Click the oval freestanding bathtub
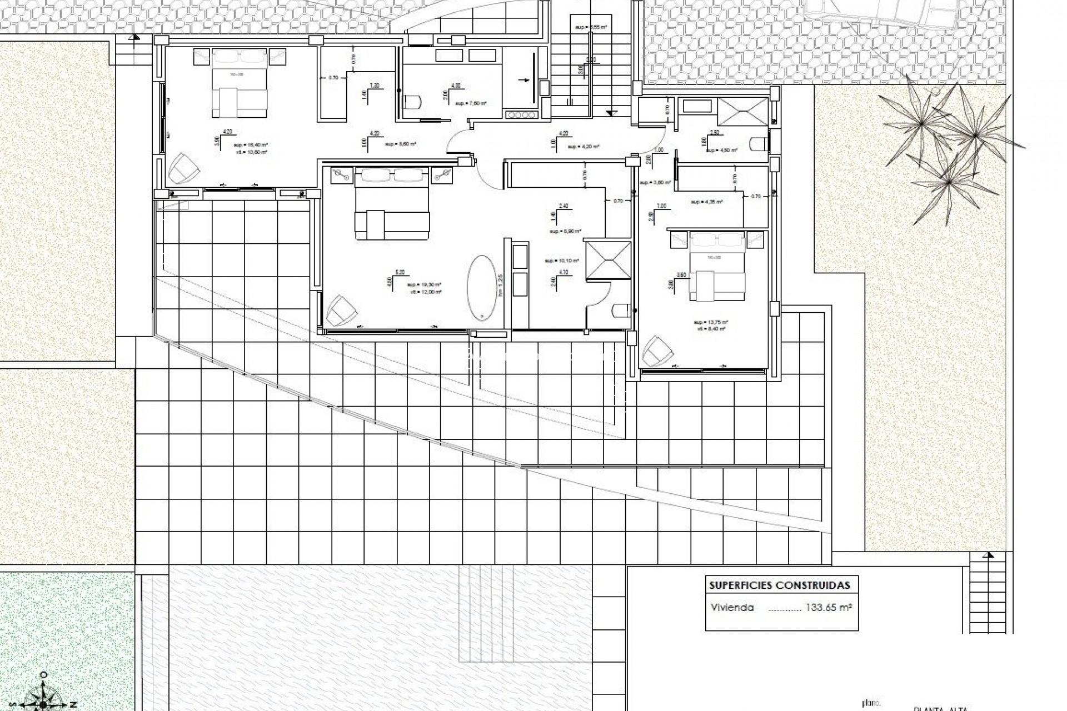point(482,288)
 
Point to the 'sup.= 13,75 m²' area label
point(711,322)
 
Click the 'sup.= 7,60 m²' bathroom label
point(471,103)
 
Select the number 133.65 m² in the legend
point(829,608)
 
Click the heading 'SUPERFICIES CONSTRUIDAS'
point(779,585)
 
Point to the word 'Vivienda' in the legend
point(732,608)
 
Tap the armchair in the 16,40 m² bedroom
point(183,168)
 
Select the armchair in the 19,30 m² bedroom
point(341,311)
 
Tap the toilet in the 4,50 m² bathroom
point(759,144)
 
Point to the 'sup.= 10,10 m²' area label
point(562,261)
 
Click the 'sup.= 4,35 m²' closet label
point(706,202)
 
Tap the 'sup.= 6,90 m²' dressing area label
point(565,232)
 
